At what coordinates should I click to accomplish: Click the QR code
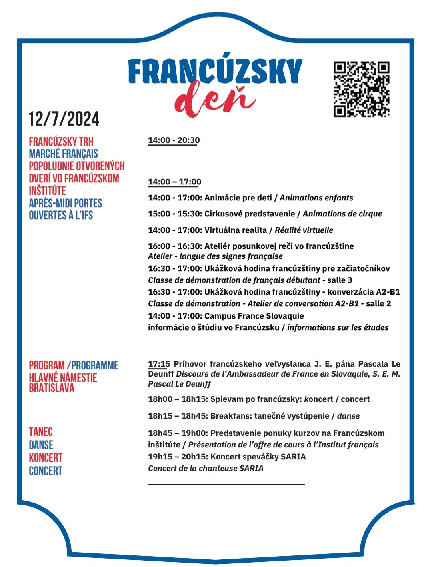[362, 89]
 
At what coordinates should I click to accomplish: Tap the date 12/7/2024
[64, 119]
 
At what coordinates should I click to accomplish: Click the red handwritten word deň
[215, 99]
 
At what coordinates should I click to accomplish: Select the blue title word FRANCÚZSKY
[215, 71]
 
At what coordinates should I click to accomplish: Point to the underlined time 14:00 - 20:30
[174, 140]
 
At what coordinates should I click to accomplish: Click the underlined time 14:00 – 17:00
[174, 182]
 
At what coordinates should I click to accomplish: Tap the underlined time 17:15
[159, 364]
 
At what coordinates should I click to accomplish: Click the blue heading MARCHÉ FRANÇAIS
[63, 154]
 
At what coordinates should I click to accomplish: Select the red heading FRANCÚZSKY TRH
[61, 142]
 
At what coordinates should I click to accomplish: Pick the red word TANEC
[41, 432]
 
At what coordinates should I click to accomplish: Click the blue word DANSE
[41, 445]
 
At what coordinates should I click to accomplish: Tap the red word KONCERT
[46, 458]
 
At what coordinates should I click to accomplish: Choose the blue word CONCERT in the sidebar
[46, 471]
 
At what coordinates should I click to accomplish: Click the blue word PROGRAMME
[95, 365]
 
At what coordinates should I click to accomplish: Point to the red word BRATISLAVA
[52, 388]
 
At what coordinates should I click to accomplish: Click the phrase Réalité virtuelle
[304, 230]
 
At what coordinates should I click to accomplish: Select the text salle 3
[340, 280]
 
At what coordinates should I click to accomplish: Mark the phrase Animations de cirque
[342, 214]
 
